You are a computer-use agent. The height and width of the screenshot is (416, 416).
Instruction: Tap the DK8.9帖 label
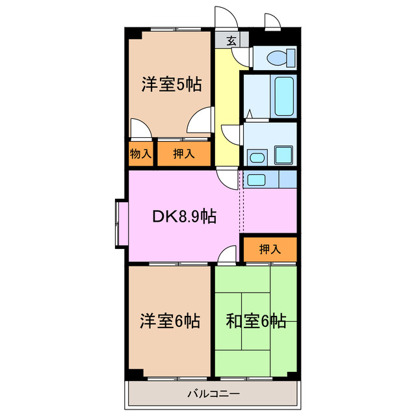coord(185,216)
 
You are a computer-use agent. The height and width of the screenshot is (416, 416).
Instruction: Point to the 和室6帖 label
coord(255,320)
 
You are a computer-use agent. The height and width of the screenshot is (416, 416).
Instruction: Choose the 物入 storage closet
coord(140,154)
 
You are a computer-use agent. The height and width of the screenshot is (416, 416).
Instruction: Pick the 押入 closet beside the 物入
coord(184,154)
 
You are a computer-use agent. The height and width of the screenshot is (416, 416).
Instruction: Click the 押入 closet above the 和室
coord(270,249)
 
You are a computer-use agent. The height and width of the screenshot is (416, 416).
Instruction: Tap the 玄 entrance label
coord(231,41)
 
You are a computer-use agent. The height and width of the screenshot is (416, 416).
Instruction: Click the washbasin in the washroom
coord(257,156)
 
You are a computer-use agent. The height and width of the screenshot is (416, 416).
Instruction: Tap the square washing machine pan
coord(283,155)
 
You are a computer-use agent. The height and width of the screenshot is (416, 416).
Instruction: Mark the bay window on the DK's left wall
coord(122,223)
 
